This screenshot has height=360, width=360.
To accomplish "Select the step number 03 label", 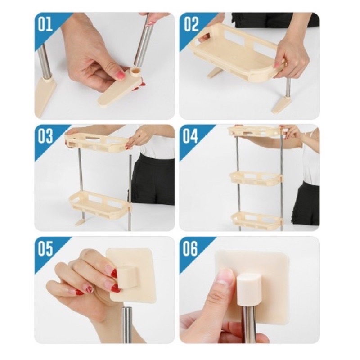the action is [x=46, y=136].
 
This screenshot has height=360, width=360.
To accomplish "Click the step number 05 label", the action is [x=45, y=248].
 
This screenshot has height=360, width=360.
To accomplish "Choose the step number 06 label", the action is [x=190, y=248].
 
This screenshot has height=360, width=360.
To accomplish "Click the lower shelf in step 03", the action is [x=100, y=202].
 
